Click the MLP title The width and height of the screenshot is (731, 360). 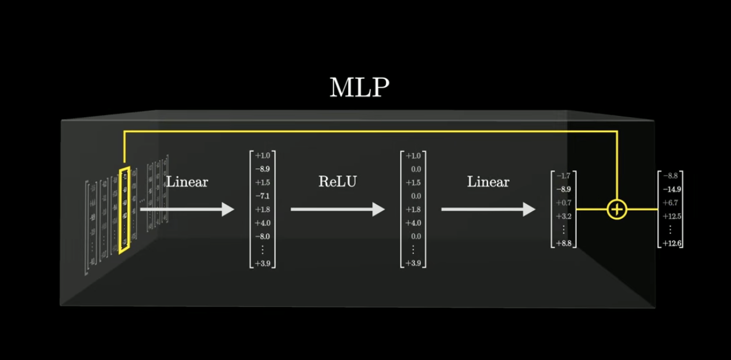pyautogui.click(x=359, y=88)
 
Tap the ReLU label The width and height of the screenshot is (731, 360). pyautogui.click(x=337, y=182)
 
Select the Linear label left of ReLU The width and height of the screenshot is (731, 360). pyautogui.click(x=187, y=182)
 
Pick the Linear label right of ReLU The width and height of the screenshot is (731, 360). pyautogui.click(x=488, y=182)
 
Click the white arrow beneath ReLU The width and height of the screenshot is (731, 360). pyautogui.click(x=337, y=210)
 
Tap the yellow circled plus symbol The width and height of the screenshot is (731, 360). pyautogui.click(x=616, y=210)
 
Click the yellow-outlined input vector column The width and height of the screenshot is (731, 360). pyautogui.click(x=125, y=210)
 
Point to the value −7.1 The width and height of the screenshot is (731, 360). pyautogui.click(x=263, y=196)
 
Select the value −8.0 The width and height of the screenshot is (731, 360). pyautogui.click(x=263, y=237)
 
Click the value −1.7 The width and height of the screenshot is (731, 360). pyautogui.click(x=563, y=176)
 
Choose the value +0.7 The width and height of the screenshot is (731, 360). pyautogui.click(x=563, y=203)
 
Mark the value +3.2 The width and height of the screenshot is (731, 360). pyautogui.click(x=563, y=216)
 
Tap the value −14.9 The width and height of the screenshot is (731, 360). pyautogui.click(x=671, y=189)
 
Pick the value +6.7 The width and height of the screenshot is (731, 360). pyautogui.click(x=671, y=203)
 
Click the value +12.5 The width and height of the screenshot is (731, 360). pyautogui.click(x=671, y=216)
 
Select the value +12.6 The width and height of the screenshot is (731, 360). pyautogui.click(x=671, y=243)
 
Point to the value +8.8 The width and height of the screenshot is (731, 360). pyautogui.click(x=563, y=243)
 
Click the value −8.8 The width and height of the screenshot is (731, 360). pyautogui.click(x=671, y=176)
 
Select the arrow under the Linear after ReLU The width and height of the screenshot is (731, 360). pyautogui.click(x=488, y=210)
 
